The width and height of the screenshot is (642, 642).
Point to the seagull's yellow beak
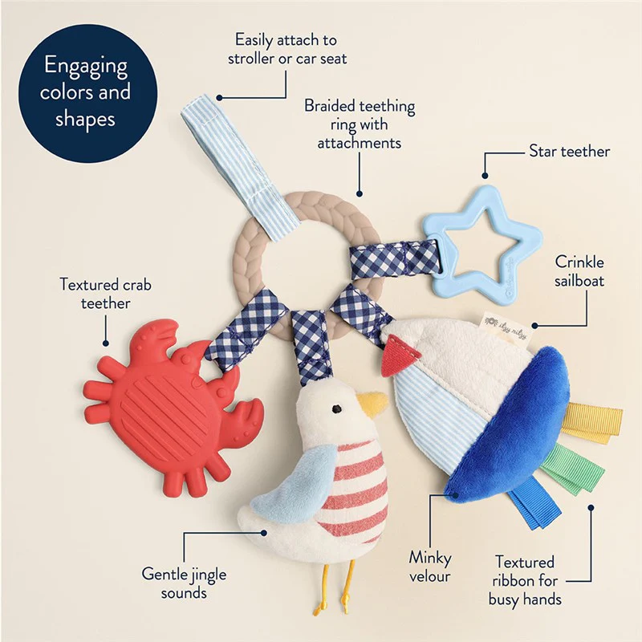(372, 404)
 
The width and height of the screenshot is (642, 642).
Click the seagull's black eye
(337, 408)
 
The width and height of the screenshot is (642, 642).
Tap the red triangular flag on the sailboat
(399, 356)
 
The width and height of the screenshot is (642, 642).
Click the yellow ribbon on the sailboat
(591, 423)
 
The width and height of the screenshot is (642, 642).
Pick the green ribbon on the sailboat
(573, 470)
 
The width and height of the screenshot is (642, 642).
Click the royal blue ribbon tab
(534, 504)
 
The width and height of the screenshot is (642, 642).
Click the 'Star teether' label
(569, 152)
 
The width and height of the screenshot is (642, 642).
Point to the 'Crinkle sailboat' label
(579, 271)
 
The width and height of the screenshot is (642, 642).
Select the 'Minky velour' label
(430, 567)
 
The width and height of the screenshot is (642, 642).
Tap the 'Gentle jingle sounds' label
(184, 583)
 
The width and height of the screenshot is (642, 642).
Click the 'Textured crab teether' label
(106, 294)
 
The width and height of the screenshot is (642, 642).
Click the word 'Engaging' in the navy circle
(86, 66)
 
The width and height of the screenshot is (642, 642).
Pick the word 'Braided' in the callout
(330, 106)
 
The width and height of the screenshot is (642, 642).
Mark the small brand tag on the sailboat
(506, 326)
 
